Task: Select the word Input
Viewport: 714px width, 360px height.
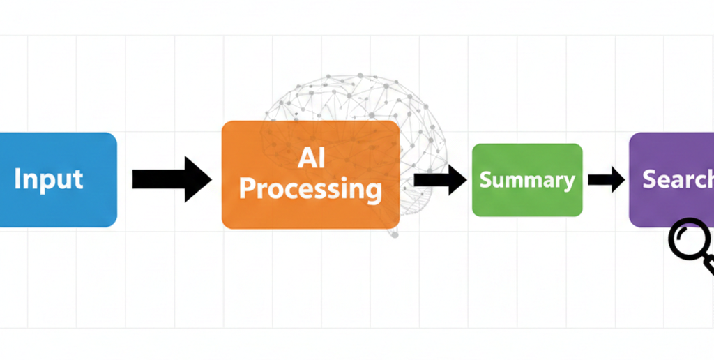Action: (49, 179)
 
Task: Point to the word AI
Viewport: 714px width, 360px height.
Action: (311, 158)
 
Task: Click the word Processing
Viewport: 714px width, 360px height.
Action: (311, 188)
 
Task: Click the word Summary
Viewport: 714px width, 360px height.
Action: (527, 180)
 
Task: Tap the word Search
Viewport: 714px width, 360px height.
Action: (677, 179)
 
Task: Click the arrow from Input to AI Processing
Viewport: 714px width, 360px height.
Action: (170, 179)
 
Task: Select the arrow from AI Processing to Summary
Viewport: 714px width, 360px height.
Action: (439, 179)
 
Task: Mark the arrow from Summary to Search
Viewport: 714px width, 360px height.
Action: (605, 180)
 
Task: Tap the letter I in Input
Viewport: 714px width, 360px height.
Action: (17, 179)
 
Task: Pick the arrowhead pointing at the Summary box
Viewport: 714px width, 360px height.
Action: (457, 179)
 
